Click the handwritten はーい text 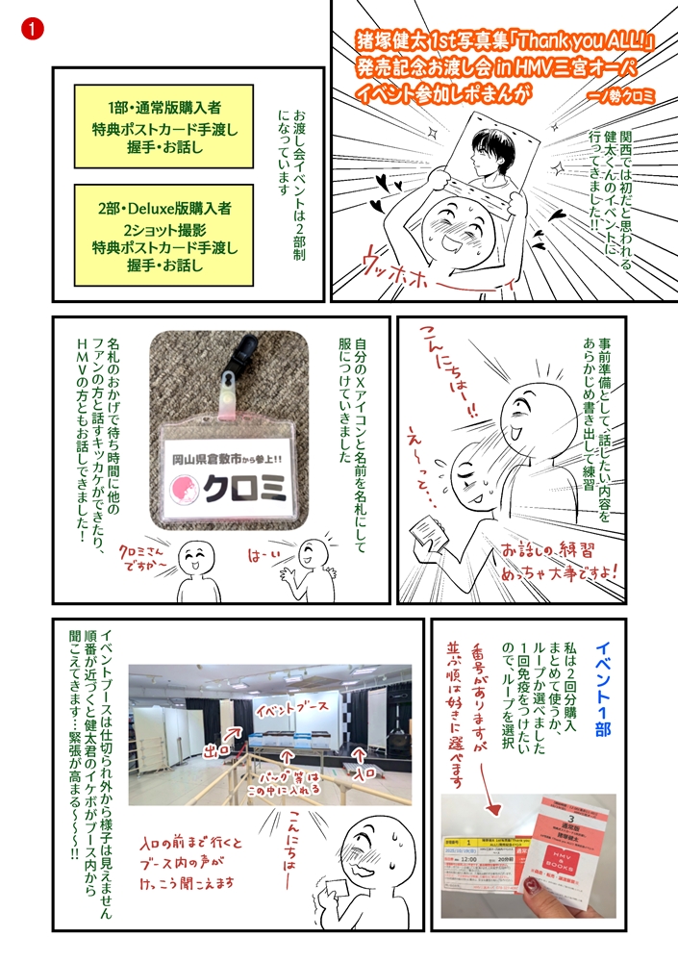(264, 556)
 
